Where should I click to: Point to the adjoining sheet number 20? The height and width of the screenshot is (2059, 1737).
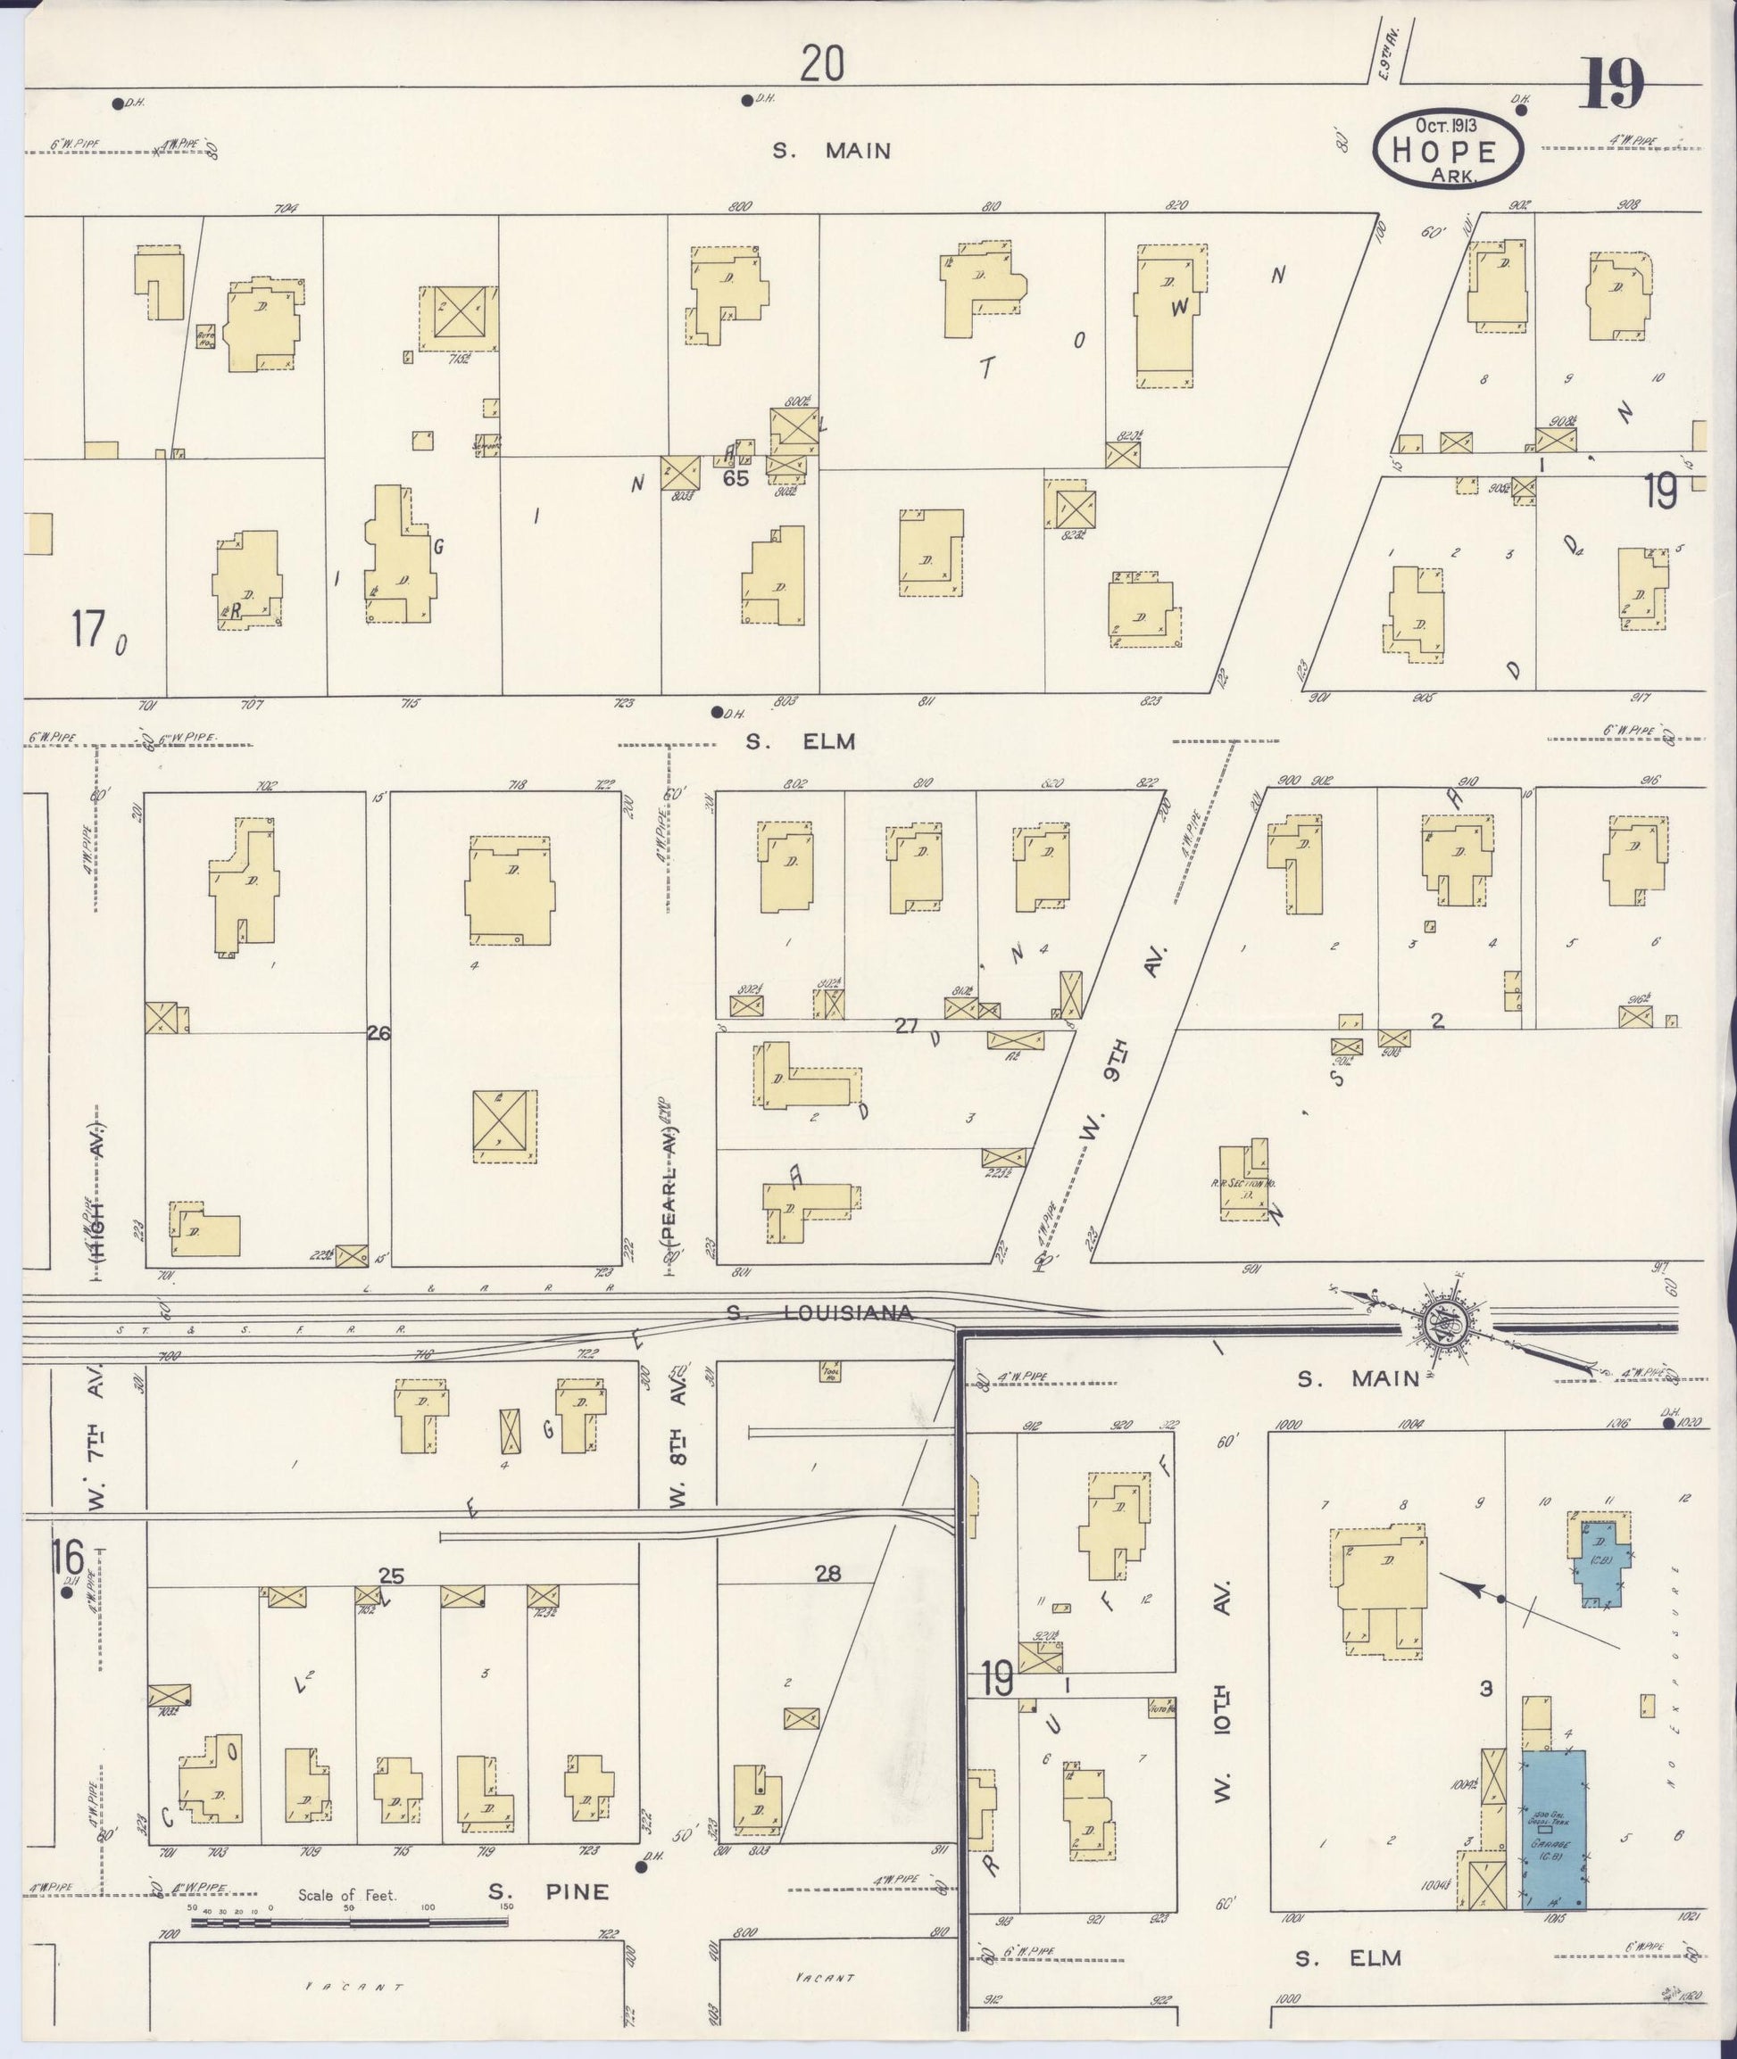tap(822, 65)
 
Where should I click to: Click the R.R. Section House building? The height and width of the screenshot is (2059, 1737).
tap(1243, 1181)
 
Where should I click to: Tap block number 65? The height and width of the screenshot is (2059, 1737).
tap(736, 478)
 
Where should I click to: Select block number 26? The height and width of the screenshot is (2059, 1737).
tap(379, 1033)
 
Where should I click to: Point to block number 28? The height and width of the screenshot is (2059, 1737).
tap(828, 1573)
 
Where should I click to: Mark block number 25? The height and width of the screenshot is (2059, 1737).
tap(391, 1575)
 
